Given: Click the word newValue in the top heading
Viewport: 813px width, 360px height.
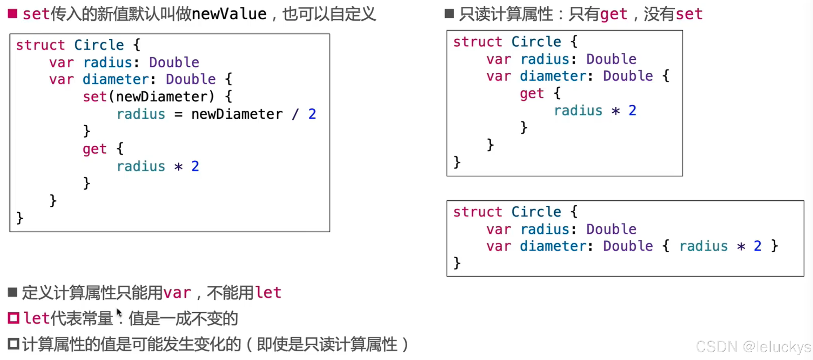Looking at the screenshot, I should click(x=229, y=14).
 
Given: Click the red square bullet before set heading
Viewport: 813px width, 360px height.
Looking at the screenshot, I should click(x=12, y=14).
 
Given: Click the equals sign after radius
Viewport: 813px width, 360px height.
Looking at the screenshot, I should click(x=178, y=114).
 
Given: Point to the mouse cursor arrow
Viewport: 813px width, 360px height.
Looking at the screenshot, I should click(x=119, y=313).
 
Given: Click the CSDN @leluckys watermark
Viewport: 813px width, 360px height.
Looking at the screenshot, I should click(x=753, y=346).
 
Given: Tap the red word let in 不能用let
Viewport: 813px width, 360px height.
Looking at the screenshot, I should click(x=268, y=292).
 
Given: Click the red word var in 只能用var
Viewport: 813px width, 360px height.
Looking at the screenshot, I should click(x=177, y=292).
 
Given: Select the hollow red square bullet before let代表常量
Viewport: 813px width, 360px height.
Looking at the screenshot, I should click(x=14, y=318).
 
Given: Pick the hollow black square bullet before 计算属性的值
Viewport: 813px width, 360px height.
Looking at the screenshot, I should click(x=14, y=344).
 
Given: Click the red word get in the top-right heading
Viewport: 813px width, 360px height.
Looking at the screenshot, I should click(x=614, y=14).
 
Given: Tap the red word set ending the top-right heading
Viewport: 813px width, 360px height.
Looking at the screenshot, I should click(x=689, y=14).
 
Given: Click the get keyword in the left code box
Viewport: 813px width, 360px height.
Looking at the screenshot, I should click(x=94, y=149).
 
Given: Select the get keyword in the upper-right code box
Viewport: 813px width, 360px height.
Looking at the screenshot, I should click(x=532, y=93).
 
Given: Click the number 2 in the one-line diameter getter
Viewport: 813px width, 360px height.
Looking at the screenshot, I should click(x=757, y=246).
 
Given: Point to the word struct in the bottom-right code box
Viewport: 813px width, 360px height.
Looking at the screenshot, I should click(x=477, y=212).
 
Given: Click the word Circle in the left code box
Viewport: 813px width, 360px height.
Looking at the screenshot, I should click(x=99, y=45).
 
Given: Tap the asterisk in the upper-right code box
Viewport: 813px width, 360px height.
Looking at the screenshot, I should click(x=615, y=111).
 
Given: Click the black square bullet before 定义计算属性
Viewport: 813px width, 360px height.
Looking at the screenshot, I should click(x=12, y=292).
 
